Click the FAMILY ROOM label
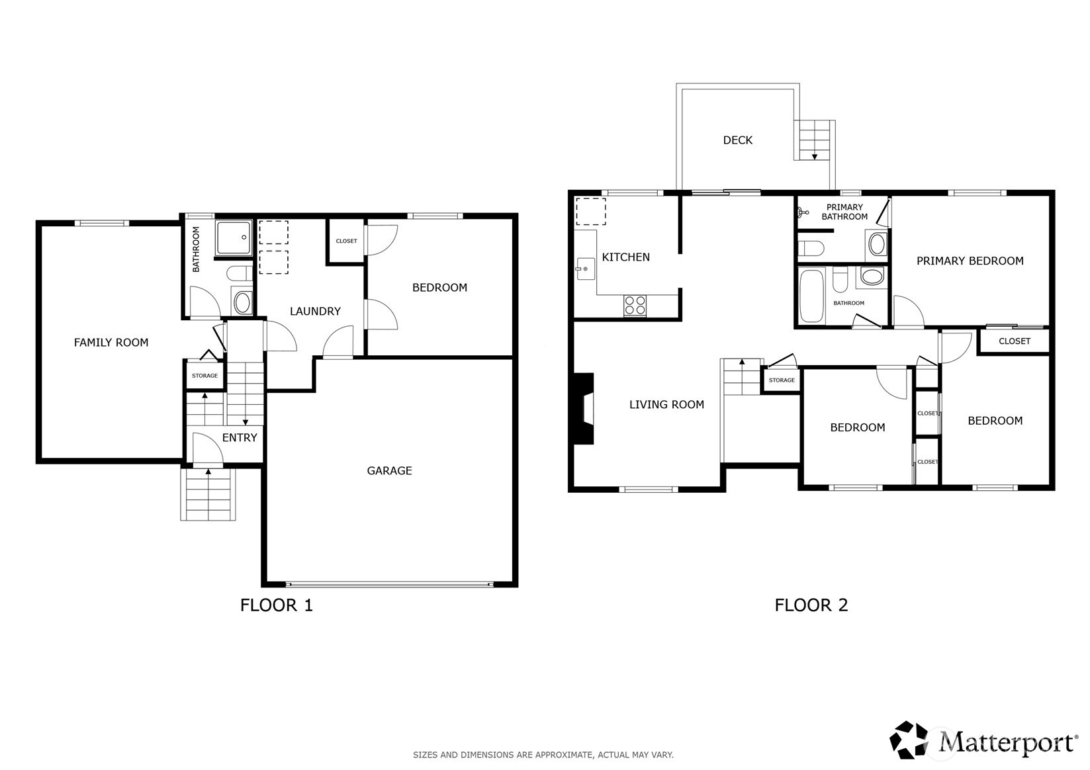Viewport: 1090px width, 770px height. (x=111, y=342)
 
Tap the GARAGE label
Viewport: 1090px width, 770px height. (x=389, y=470)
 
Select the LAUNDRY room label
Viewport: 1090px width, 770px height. (x=315, y=311)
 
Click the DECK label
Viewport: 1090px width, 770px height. (x=737, y=140)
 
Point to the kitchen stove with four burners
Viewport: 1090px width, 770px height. (x=635, y=306)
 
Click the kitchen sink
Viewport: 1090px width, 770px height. (x=585, y=269)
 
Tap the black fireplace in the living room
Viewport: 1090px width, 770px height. (x=583, y=408)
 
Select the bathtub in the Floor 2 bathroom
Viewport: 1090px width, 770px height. (x=811, y=295)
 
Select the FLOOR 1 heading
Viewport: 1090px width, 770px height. (x=276, y=605)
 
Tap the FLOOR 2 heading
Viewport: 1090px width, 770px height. (x=811, y=605)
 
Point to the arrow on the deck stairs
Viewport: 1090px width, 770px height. (x=815, y=156)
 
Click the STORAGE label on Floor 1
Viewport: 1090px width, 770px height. (x=204, y=376)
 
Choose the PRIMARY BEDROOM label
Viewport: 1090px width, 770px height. (x=970, y=261)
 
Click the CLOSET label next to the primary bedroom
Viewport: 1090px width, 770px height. (x=1014, y=341)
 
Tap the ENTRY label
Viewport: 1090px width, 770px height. (x=240, y=437)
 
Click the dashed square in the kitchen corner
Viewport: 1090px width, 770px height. (x=590, y=211)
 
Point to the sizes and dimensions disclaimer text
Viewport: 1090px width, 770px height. (x=543, y=754)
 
